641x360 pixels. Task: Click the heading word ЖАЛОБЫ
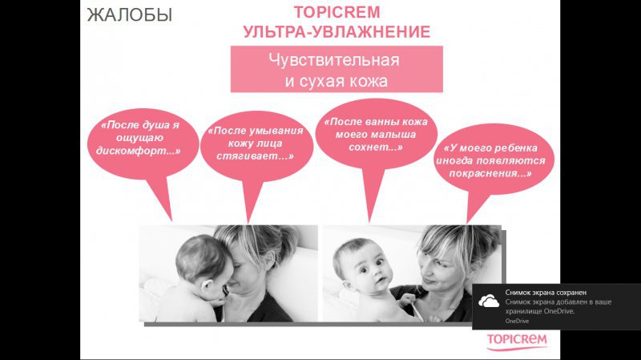[129, 15]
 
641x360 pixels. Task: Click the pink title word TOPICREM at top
[337, 12]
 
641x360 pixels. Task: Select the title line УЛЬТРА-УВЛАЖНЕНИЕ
[337, 32]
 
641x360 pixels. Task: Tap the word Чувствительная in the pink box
[334, 60]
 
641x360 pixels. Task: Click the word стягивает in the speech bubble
[253, 156]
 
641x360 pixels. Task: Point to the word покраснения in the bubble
[490, 173]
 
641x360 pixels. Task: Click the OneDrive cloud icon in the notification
[489, 301]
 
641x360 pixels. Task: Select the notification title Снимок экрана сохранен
[546, 293]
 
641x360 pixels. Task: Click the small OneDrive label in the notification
[517, 322]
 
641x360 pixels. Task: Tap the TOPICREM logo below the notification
[517, 342]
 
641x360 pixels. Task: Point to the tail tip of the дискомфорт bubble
[171, 221]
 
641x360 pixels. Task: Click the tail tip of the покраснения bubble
[467, 224]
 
